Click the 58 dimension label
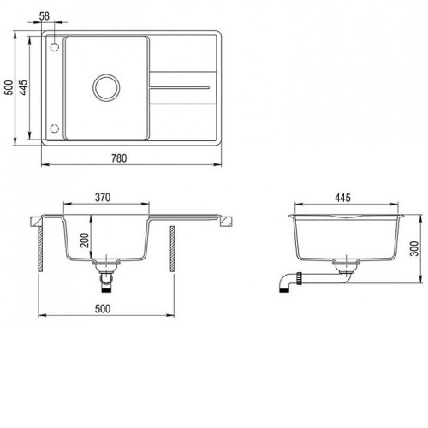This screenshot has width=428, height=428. [x=45, y=16]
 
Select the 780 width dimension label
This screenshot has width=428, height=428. [x=119, y=158]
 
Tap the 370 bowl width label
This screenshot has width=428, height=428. [x=103, y=198]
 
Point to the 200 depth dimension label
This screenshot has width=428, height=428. [x=85, y=241]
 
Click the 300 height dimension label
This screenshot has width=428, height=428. [x=414, y=249]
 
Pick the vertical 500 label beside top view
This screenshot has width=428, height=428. [x=9, y=87]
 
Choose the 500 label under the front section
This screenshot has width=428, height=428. [x=103, y=309]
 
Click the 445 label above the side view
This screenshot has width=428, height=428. [x=342, y=198]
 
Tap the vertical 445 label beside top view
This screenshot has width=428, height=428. [x=23, y=87]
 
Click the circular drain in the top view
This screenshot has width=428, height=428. [x=106, y=74]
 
